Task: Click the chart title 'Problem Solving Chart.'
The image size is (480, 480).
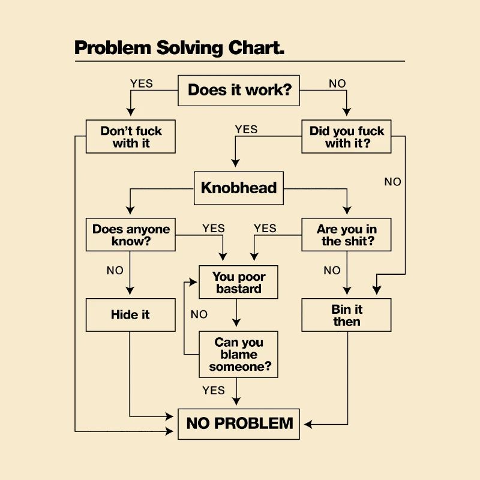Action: [x=179, y=48]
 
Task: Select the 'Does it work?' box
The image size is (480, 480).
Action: [x=239, y=90]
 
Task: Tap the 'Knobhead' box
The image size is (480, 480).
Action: [x=238, y=188]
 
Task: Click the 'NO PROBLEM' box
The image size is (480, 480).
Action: [x=239, y=423]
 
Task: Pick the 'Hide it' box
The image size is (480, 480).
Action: [x=130, y=315]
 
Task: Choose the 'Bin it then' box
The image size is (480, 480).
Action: [x=347, y=315]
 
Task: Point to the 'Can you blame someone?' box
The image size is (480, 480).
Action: [x=239, y=354]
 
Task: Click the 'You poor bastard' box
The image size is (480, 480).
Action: [x=239, y=283]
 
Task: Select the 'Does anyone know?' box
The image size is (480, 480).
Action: [x=130, y=235]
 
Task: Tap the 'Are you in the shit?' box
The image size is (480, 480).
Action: [x=347, y=235]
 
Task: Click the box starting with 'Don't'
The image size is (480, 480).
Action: [x=130, y=137]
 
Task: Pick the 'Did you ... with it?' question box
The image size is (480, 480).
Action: [x=347, y=137]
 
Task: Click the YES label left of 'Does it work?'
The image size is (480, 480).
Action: [x=142, y=83]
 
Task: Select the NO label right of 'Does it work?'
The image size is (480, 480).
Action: [x=337, y=83]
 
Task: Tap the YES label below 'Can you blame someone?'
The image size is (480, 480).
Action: [x=214, y=391]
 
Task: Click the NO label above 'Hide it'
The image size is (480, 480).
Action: [x=115, y=271]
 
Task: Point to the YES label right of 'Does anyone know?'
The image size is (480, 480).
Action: [x=214, y=228]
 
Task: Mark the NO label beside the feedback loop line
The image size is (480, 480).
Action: [x=199, y=314]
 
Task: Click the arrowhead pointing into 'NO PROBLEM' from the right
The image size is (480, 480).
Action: [x=308, y=425]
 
